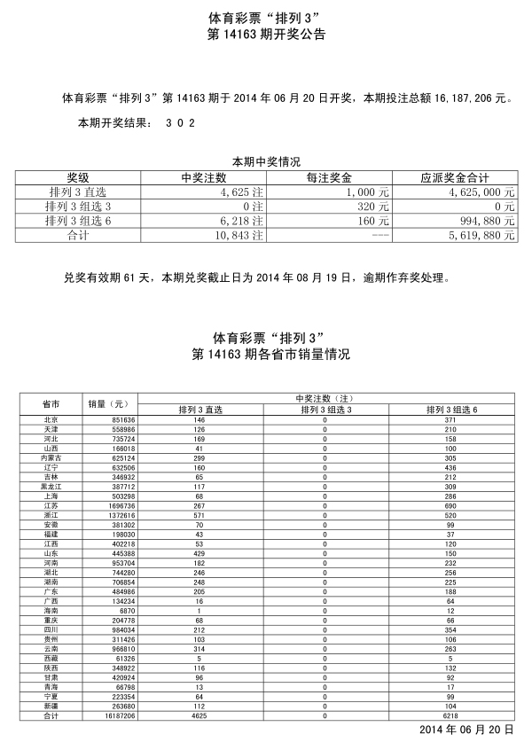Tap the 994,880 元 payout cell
point(483,221)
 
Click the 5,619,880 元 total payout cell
point(480,235)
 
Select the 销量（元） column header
point(109,404)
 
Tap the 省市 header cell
point(51,404)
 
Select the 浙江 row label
point(51,514)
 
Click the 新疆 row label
point(51,706)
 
